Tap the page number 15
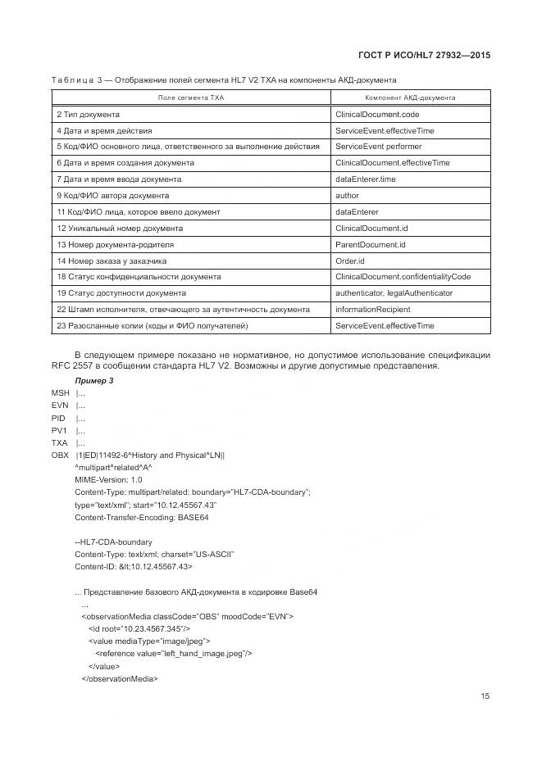(485, 696)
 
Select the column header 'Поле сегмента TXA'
(190, 97)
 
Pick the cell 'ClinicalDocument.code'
(377, 114)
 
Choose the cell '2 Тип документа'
(88, 114)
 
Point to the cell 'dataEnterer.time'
(366, 179)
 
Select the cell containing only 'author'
(347, 196)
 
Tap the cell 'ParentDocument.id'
(371, 245)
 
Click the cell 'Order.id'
(350, 261)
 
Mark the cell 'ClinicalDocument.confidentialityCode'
(403, 277)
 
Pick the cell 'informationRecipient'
(373, 310)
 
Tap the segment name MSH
(60, 393)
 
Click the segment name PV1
(59, 430)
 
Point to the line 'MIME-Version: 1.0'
(108, 479)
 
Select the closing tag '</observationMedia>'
(119, 678)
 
